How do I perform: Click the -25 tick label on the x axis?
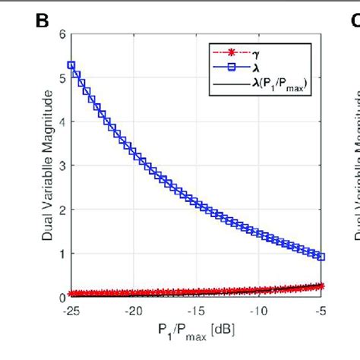pyautogui.click(x=70, y=310)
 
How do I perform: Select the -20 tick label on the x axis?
pyautogui.click(x=134, y=310)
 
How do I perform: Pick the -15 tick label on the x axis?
pyautogui.click(x=197, y=310)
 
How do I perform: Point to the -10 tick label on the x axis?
pyautogui.click(x=260, y=310)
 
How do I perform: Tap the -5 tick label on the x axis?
pyautogui.click(x=322, y=310)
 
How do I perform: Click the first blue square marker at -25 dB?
pyautogui.click(x=71, y=65)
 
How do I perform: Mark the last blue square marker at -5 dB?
pyautogui.click(x=322, y=257)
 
